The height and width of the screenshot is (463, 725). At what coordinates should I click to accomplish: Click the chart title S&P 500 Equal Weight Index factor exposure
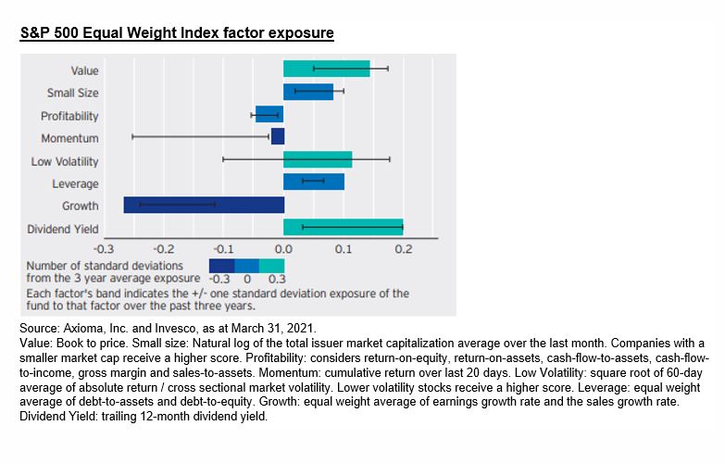(177, 33)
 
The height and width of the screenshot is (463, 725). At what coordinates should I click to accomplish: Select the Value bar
(326, 69)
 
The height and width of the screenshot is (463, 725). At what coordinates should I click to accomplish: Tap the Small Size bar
(307, 92)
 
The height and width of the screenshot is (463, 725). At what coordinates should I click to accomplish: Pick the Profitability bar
(269, 115)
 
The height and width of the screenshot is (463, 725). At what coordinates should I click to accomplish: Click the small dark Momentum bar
(278, 137)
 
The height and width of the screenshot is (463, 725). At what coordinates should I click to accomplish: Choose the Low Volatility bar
(318, 159)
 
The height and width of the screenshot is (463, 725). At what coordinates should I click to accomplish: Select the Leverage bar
(314, 182)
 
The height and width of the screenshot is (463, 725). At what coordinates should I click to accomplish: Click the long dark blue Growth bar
(204, 205)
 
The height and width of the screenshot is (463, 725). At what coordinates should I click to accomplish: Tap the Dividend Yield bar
(343, 227)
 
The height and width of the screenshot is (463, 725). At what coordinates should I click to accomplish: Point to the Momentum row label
(69, 139)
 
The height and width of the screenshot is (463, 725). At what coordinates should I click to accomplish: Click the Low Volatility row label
(65, 162)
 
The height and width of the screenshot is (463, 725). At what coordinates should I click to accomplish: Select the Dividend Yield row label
(62, 229)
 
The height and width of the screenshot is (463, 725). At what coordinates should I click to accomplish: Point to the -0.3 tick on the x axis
(104, 249)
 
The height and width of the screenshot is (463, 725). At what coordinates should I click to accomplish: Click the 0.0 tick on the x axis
(283, 249)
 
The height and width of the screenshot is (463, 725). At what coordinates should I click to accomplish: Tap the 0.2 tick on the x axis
(403, 249)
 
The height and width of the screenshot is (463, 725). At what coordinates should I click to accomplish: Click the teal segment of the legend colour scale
(272, 266)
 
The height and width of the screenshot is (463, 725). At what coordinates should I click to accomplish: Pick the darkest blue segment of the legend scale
(221, 266)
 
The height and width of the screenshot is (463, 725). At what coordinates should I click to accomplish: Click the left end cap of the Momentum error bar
(133, 137)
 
